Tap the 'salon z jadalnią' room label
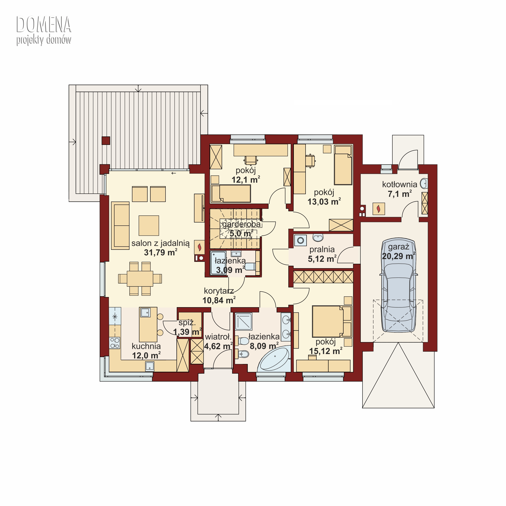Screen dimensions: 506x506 pyautogui.click(x=160, y=243)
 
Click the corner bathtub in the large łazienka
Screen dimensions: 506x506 pyautogui.click(x=274, y=359)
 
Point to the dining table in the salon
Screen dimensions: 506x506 pyautogui.click(x=140, y=279)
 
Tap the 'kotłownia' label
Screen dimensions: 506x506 pyautogui.click(x=399, y=184)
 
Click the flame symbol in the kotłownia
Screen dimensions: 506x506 pyautogui.click(x=378, y=209)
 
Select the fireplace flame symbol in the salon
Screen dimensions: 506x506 pyautogui.click(x=199, y=247)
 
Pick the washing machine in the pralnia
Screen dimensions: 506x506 pyautogui.click(x=300, y=240)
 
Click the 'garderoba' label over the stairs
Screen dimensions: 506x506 pyautogui.click(x=241, y=224)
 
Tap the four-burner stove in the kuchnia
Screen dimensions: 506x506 pyautogui.click(x=115, y=343)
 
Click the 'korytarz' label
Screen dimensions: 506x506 pyautogui.click(x=219, y=291)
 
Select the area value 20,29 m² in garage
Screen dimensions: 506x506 pyautogui.click(x=399, y=256)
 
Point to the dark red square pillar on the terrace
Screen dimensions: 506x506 pyautogui.click(x=106, y=141)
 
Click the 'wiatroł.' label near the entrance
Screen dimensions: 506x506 pyautogui.click(x=218, y=337)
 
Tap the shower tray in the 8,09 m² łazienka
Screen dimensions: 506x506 pyautogui.click(x=243, y=321)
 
